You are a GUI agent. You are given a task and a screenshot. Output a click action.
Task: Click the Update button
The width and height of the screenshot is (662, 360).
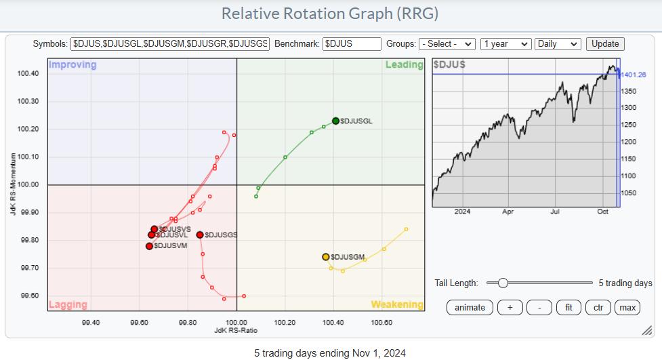[x=605, y=44]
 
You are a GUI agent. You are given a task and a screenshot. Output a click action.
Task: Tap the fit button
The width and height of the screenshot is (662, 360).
[x=568, y=307]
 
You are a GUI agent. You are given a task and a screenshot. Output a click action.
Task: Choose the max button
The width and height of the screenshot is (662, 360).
[x=627, y=307]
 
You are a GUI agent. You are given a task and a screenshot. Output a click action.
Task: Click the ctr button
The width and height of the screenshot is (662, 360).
[x=598, y=307]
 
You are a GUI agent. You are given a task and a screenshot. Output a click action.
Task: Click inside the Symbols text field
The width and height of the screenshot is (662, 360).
[x=170, y=44]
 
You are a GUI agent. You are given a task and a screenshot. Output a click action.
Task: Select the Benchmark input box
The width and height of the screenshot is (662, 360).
[x=352, y=44]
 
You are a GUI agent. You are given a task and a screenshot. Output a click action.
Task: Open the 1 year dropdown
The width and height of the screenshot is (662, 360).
[x=505, y=44]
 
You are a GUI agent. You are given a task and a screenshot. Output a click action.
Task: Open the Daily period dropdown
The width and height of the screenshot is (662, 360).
[x=558, y=44]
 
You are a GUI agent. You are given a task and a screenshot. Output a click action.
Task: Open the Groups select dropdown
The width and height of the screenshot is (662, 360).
[x=447, y=44]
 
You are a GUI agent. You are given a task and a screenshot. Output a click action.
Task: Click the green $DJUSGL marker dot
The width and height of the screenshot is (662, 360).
[x=335, y=121]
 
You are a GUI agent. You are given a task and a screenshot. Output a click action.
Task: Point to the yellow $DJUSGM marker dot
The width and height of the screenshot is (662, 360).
[x=326, y=257]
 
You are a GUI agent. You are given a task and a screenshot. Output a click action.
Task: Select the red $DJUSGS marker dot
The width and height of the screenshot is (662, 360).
[x=200, y=235]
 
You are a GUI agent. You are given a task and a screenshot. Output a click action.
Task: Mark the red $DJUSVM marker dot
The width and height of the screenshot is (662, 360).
[x=149, y=246]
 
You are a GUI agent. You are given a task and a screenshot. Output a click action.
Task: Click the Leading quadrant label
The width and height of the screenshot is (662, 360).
[x=404, y=65]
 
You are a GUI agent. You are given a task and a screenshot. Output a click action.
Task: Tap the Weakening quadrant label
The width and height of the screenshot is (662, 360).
[x=396, y=304]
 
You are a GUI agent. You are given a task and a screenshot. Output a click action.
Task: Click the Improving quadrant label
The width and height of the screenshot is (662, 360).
[x=73, y=65]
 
